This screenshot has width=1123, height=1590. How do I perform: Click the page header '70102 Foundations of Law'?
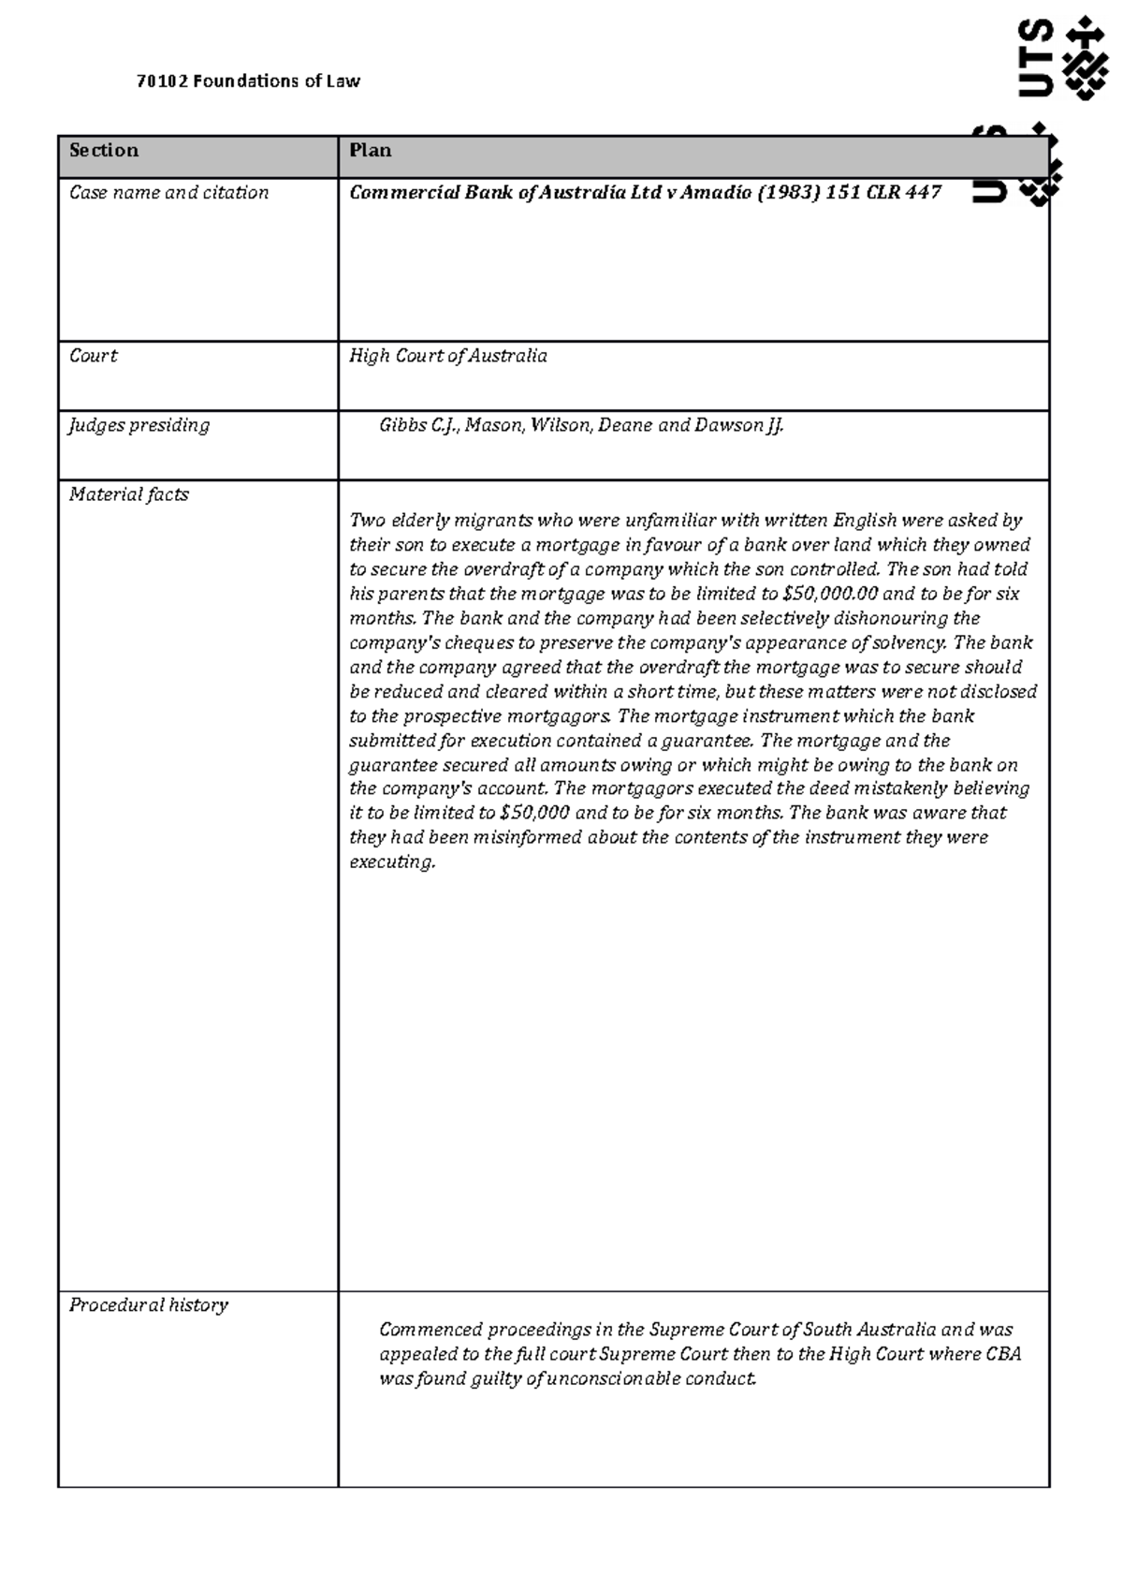248,81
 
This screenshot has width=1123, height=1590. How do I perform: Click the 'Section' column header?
104,151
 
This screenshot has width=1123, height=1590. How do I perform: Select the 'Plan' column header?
371,151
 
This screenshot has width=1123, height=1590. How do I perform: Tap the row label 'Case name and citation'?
169,193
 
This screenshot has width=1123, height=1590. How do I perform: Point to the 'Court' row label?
94,356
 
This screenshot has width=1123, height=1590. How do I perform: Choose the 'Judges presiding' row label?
139,425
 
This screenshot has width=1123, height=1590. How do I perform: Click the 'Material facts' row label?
129,494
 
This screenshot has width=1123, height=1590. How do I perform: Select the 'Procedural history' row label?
149,1305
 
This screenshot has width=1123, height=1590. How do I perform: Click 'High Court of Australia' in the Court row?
448,356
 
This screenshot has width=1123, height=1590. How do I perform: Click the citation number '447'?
922,193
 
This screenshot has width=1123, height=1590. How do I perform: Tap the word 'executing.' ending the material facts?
392,862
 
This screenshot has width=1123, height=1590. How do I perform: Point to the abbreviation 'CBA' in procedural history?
1003,1354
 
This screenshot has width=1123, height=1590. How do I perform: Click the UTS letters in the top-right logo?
1034,57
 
